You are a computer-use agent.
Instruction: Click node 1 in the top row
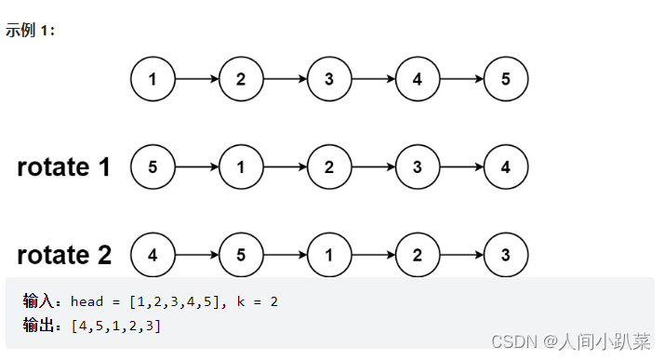coord(153,79)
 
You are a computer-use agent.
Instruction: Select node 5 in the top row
coord(506,79)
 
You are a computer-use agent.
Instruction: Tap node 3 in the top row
coord(329,79)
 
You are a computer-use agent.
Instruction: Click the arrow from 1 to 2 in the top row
coord(196,79)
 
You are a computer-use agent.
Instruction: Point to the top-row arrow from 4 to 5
coord(461,79)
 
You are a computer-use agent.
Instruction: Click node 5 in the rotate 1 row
coord(153,167)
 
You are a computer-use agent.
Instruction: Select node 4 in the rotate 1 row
coord(506,167)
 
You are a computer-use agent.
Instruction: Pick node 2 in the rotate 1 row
coord(329,167)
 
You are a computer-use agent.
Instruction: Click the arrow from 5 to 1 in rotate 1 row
coord(196,167)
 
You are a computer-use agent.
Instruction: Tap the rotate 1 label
coord(64,167)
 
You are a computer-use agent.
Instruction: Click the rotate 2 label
coord(64,255)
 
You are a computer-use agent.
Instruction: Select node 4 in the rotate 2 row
coord(153,255)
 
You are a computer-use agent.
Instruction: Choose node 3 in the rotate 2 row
coord(506,255)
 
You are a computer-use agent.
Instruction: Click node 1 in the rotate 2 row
coord(329,255)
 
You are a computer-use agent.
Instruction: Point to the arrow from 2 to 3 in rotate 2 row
coord(461,255)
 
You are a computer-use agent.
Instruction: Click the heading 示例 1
coord(31,30)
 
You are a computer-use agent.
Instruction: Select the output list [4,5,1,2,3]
coord(115,325)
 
